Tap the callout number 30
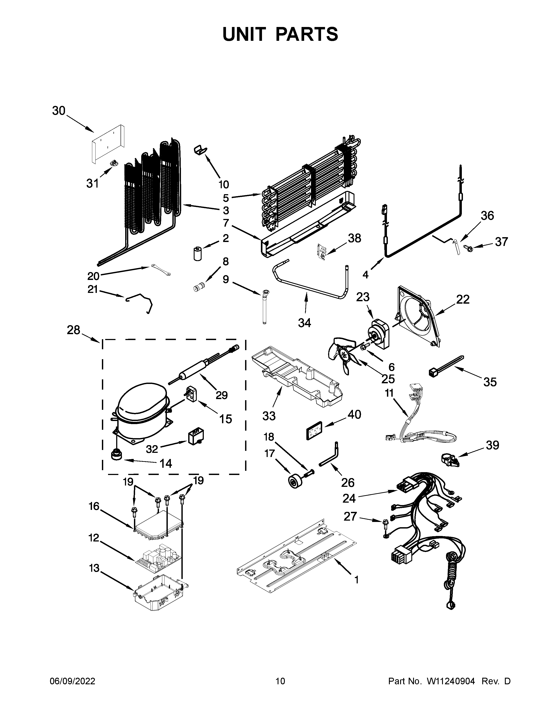[59, 111]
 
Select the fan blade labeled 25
[343, 356]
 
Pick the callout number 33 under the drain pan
[269, 416]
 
